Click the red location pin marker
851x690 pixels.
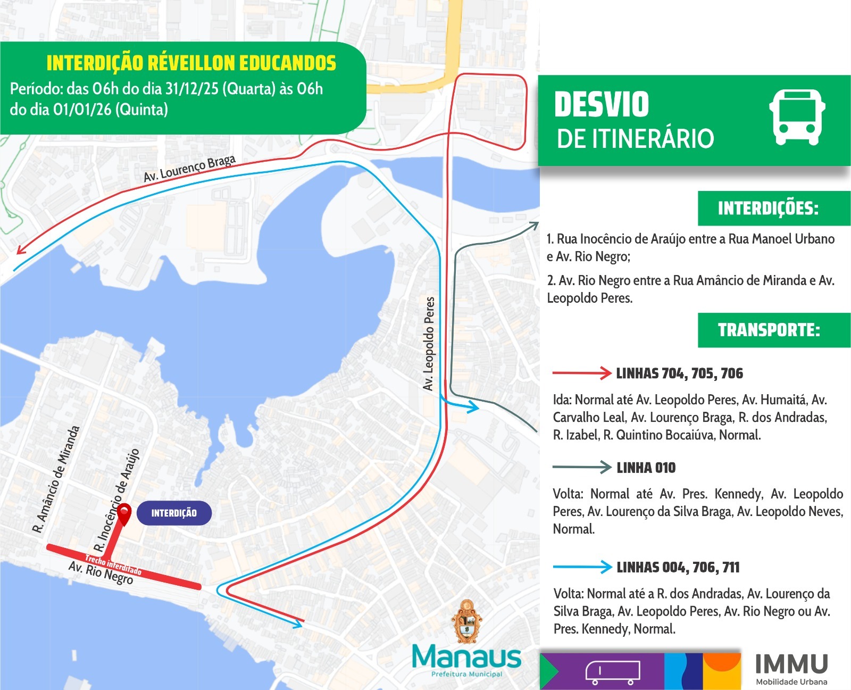click(124, 513)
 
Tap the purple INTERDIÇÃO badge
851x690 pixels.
click(174, 513)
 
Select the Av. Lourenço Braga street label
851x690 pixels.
click(189, 169)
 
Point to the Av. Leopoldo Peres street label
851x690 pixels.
click(429, 343)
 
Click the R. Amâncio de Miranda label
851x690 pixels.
click(56, 479)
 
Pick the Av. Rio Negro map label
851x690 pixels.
click(101, 573)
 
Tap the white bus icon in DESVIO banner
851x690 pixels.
click(797, 118)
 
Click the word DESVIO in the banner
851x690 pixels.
click(602, 105)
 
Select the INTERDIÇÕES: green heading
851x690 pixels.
click(768, 208)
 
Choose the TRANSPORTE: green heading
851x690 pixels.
click(769, 330)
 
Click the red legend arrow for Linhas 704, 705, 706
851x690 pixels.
click(582, 373)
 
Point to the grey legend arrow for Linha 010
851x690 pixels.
click(582, 467)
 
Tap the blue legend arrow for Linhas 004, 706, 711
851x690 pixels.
click(582, 567)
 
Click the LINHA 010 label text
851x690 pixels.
click(646, 468)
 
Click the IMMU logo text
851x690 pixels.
click(791, 664)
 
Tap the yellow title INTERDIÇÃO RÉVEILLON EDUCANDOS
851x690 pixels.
click(191, 63)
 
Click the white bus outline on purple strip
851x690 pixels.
click(612, 672)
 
